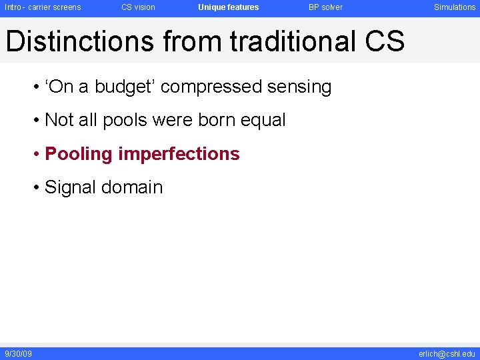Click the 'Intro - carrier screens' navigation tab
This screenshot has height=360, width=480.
(43, 7)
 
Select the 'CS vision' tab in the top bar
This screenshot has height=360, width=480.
(138, 7)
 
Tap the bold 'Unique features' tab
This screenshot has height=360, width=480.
(228, 7)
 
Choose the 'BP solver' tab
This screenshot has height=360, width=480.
(325, 7)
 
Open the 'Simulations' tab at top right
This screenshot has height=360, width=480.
(455, 7)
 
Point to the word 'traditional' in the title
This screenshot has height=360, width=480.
(293, 41)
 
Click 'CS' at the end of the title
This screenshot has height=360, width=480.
(385, 41)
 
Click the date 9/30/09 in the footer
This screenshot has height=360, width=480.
(19, 353)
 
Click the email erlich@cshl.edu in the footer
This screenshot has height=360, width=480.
(447, 353)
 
